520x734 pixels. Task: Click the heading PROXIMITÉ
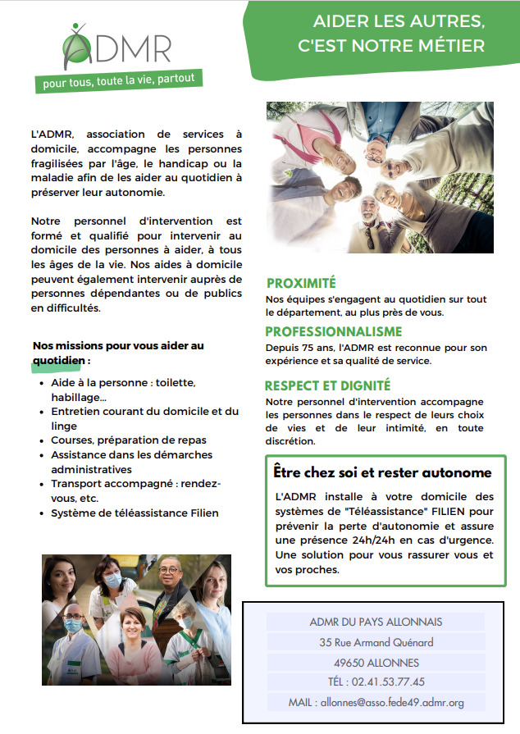[301, 283]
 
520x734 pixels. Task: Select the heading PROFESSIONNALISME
[333, 331]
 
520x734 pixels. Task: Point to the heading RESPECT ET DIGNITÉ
[327, 385]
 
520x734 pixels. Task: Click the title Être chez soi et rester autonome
[382, 472]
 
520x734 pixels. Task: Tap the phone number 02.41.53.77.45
[388, 682]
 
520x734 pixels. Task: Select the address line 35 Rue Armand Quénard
[376, 642]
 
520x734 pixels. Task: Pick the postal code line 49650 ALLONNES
[376, 663]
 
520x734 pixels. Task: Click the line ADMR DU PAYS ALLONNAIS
[376, 622]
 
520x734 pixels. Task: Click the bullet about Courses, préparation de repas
[129, 440]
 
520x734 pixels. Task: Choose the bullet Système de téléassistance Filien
[135, 513]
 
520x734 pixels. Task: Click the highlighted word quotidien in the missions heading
[59, 361]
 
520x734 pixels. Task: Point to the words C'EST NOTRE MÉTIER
[391, 46]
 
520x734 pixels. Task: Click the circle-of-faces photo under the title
[380, 178]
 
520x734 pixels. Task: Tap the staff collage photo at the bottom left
[137, 619]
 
